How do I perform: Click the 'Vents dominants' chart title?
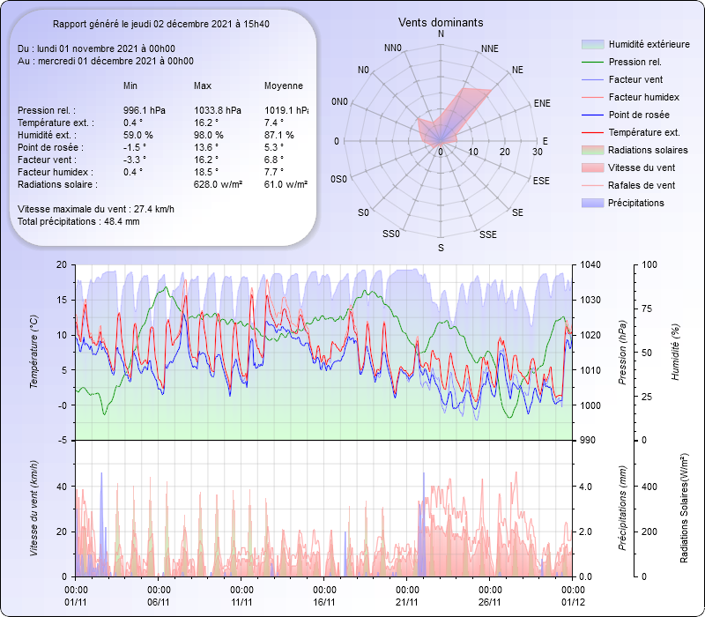pyautogui.click(x=441, y=22)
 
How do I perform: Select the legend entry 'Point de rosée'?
pyautogui.click(x=638, y=115)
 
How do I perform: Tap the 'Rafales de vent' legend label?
pyautogui.click(x=642, y=185)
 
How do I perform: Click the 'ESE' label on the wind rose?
pyautogui.click(x=545, y=181)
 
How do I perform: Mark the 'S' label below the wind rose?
pyautogui.click(x=441, y=249)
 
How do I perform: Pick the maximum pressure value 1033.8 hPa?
pyautogui.click(x=217, y=110)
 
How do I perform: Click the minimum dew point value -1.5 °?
pyautogui.click(x=134, y=147)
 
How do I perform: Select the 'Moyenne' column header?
pyautogui.click(x=283, y=85)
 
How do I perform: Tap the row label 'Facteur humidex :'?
pyautogui.click(x=56, y=172)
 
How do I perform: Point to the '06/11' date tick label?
pyautogui.click(x=159, y=602)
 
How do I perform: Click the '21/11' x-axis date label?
pyautogui.click(x=407, y=602)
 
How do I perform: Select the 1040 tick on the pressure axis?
pyautogui.click(x=590, y=264)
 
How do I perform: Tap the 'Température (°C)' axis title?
pyautogui.click(x=34, y=353)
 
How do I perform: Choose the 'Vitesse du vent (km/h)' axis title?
pyautogui.click(x=34, y=509)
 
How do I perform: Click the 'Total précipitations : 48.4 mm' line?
pyautogui.click(x=78, y=221)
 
